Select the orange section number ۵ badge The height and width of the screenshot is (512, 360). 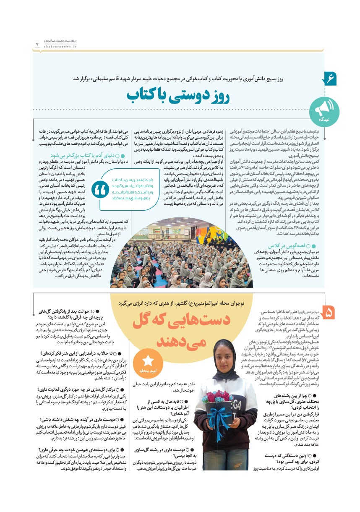pyautogui.click(x=329, y=313)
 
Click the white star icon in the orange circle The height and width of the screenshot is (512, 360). pyautogui.click(x=148, y=360)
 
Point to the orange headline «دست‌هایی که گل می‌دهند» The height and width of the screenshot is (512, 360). pyautogui.click(x=180, y=330)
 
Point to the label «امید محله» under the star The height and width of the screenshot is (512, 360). pyautogui.click(x=148, y=371)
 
